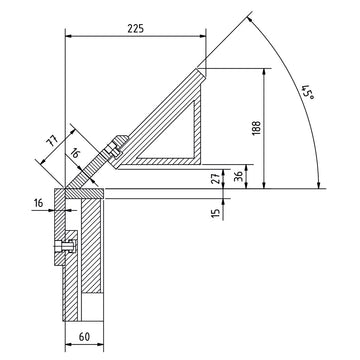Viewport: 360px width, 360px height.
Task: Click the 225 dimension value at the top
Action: point(136,28)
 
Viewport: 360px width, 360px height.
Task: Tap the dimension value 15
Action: point(217,212)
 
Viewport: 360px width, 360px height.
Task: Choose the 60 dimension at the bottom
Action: point(84,337)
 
